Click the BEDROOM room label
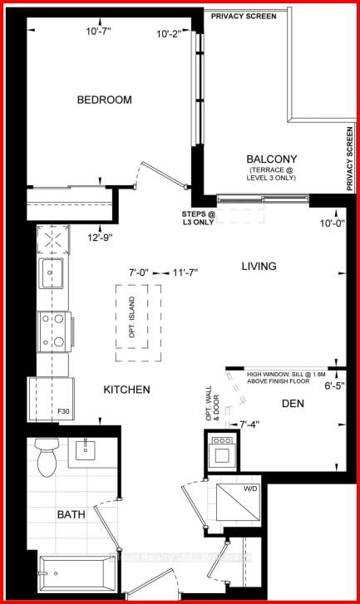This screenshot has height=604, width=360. coord(104,100)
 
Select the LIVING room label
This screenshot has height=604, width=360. coord(259,266)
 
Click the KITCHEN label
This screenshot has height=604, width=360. coord(126,389)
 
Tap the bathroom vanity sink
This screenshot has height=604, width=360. coord(87,449)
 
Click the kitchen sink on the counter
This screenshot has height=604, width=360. coord(51,273)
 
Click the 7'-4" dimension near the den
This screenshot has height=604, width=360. coord(249,425)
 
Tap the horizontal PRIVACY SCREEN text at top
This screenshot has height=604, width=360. coord(244,16)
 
